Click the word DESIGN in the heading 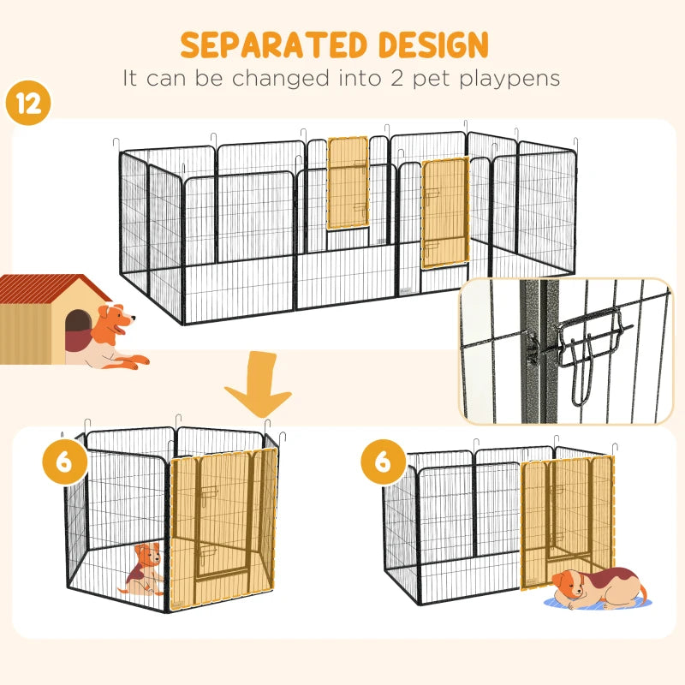(x=434, y=45)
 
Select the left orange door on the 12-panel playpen (x=348, y=182)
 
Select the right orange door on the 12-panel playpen (x=444, y=211)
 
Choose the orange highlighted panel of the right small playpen (x=568, y=518)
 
